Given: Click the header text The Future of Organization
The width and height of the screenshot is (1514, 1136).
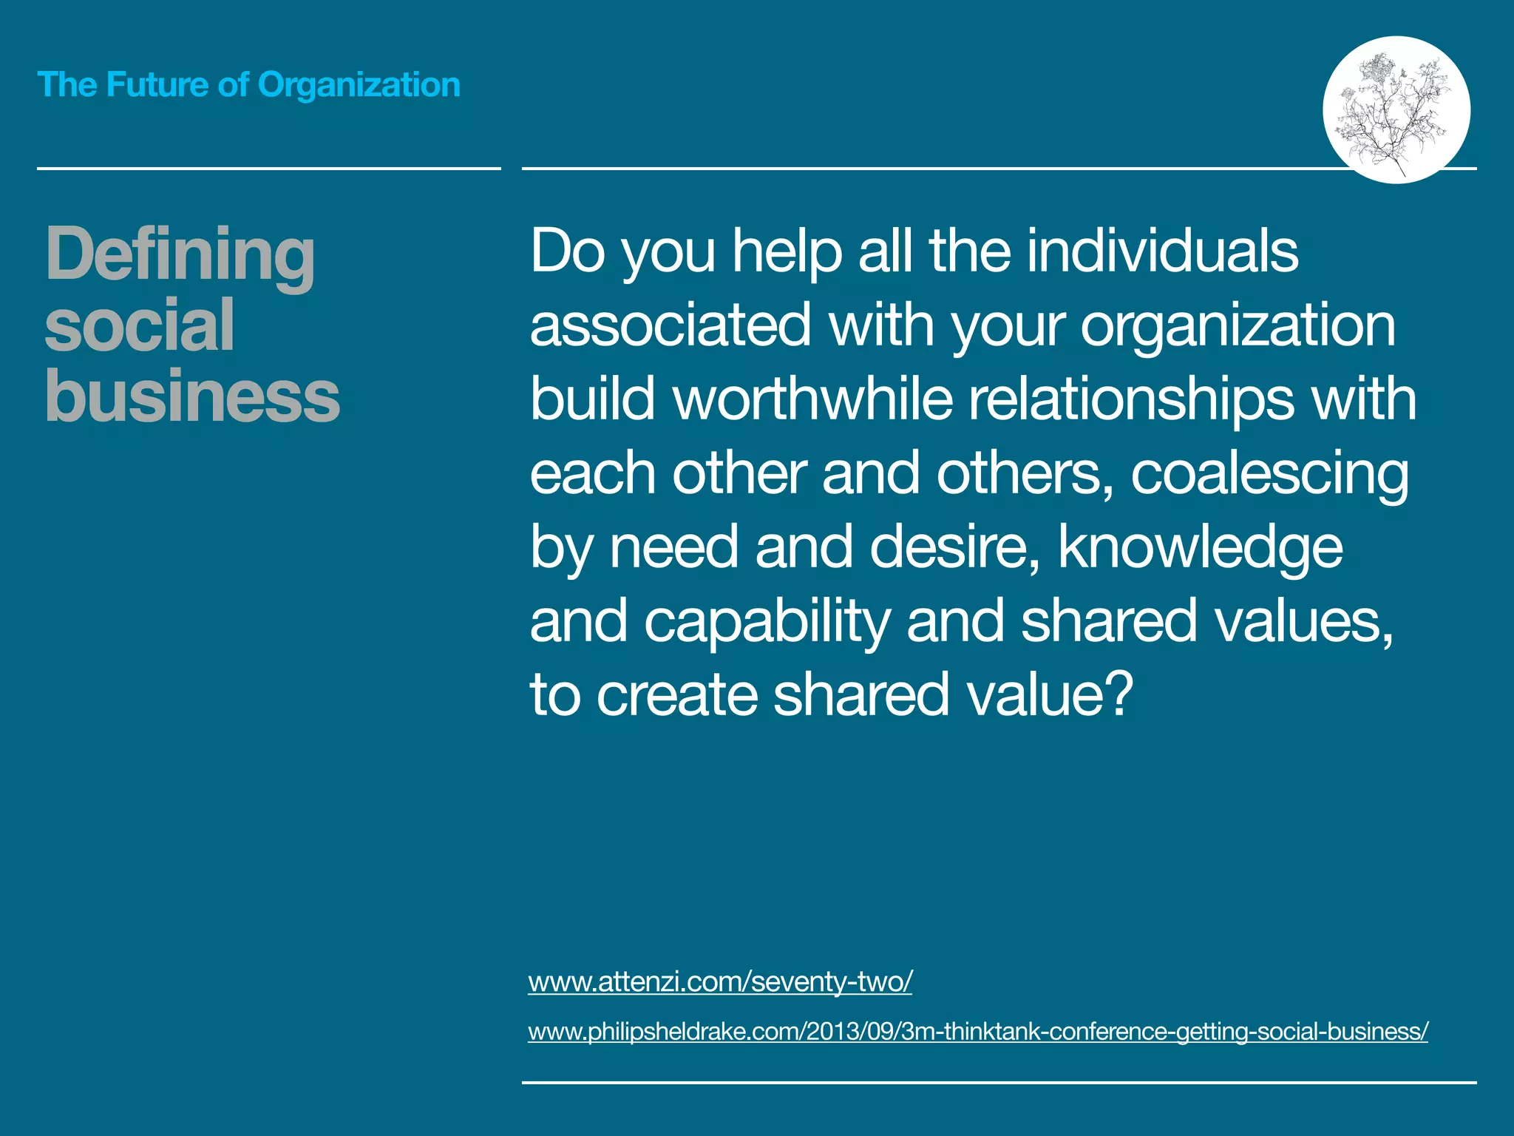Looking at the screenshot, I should click(248, 84).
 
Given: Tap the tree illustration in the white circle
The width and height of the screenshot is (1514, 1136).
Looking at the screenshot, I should click(1396, 109).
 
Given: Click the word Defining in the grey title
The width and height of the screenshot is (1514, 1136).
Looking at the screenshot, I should click(180, 254).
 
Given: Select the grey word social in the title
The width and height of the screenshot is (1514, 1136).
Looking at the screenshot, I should click(140, 325).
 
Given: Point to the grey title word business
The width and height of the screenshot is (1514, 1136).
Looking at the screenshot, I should click(192, 396).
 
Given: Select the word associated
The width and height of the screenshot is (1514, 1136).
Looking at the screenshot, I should click(671, 325).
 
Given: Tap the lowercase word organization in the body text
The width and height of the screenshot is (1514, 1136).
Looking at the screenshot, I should click(1238, 327).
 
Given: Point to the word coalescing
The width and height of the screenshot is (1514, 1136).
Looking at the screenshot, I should click(1269, 475).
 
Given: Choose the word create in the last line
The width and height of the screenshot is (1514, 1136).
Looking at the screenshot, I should click(676, 695).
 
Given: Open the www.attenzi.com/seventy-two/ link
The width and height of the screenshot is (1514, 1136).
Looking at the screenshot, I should click(720, 981).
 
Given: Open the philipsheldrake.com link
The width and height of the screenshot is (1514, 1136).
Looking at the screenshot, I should click(977, 1031).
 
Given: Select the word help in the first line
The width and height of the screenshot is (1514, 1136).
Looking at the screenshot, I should click(787, 251).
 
